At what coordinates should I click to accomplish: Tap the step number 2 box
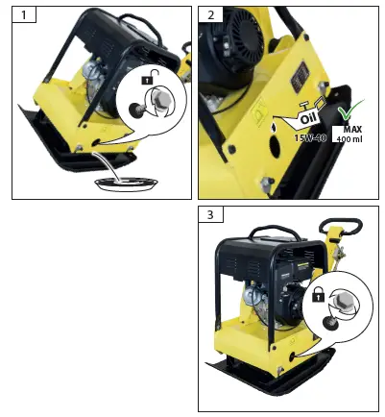[208, 15]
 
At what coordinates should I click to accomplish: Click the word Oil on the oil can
[308, 120]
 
